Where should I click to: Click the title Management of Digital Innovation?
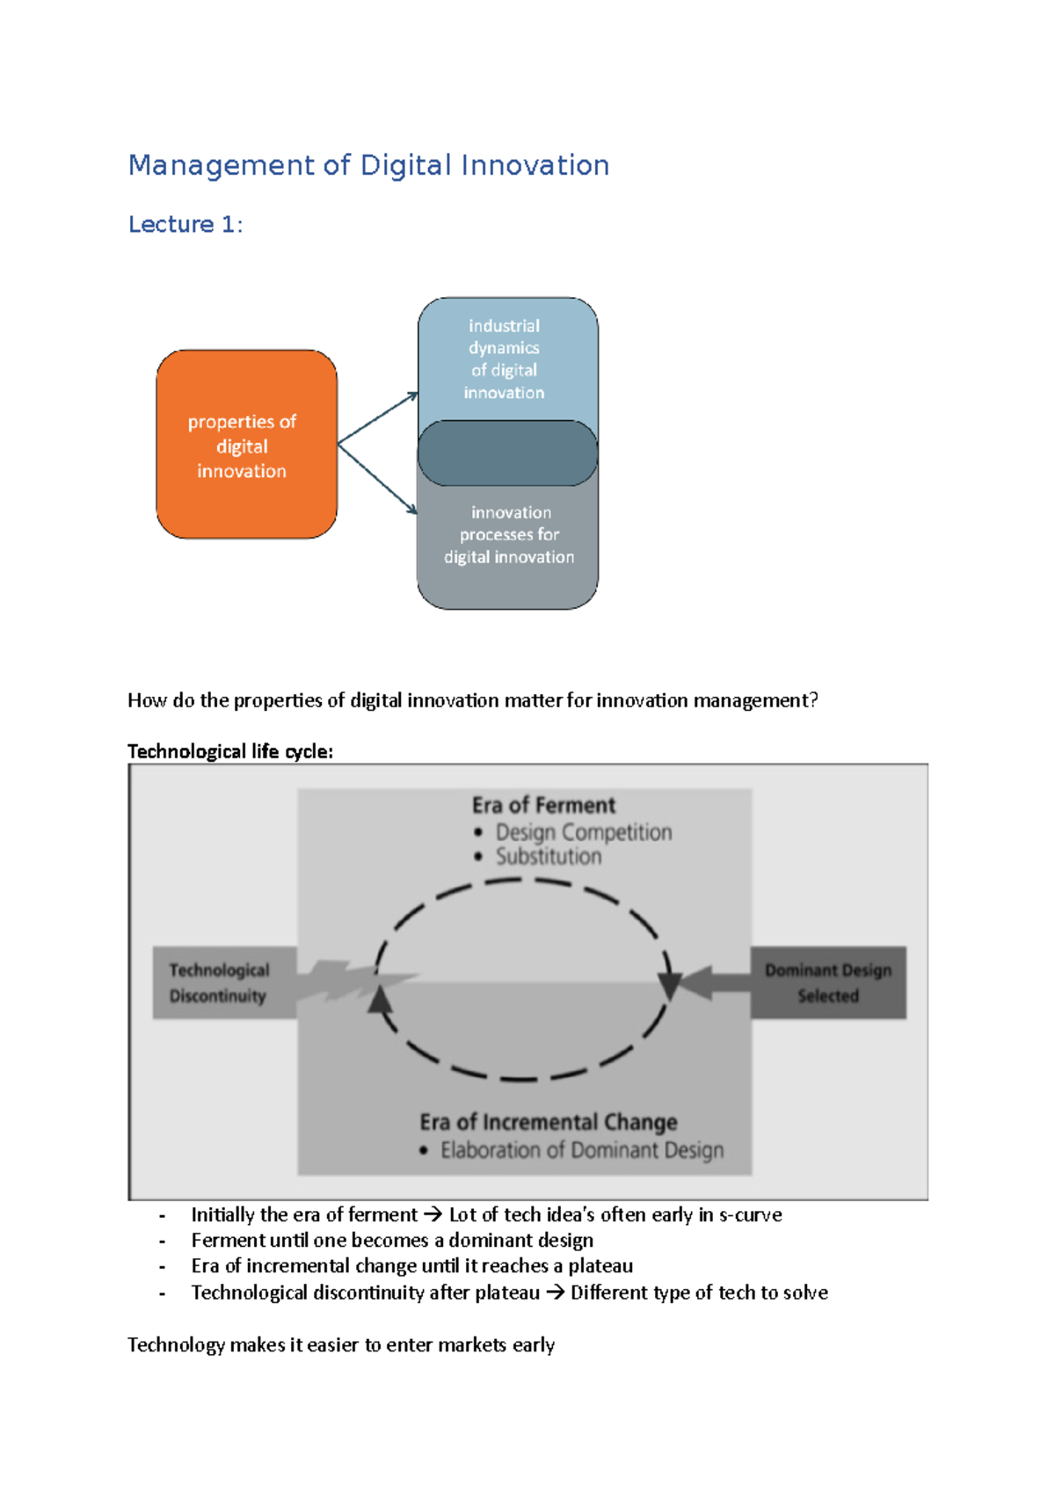368,165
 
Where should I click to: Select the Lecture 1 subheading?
185,225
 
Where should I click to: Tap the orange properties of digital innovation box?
246,445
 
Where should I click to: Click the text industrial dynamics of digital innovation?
504,359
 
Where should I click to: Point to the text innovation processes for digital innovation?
509,534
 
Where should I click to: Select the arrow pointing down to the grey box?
377,479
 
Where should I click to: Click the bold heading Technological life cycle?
230,751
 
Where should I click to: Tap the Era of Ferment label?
543,805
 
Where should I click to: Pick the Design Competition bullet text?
583,832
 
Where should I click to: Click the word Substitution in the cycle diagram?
549,857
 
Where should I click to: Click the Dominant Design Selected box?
828,982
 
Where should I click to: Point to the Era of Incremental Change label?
548,1122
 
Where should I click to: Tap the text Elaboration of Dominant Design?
582,1150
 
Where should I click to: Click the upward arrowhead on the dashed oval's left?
380,1000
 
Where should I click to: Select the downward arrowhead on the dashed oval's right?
670,986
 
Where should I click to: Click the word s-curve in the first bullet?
750,1214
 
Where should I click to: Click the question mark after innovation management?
813,700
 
